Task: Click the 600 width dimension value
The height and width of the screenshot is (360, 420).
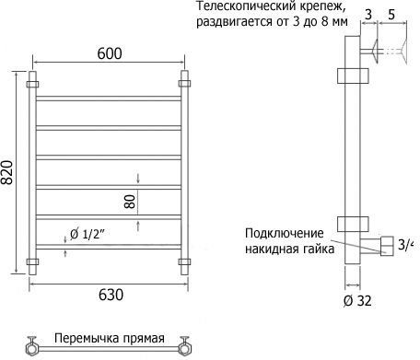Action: click(110, 53)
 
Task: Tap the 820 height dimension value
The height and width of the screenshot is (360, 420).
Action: click(6, 172)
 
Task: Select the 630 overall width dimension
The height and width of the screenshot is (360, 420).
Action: click(111, 295)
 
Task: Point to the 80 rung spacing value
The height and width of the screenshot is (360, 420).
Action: click(130, 202)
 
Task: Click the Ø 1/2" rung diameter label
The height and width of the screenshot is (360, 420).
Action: click(87, 235)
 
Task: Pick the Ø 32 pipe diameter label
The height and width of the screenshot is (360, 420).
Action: click(357, 301)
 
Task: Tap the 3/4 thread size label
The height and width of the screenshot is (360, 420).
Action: click(405, 245)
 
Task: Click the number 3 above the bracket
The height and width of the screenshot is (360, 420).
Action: click(368, 14)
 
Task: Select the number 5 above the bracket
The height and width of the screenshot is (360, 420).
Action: click(391, 15)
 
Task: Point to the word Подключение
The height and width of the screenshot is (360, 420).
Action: click(285, 234)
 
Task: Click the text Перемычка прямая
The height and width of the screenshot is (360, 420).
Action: click(110, 338)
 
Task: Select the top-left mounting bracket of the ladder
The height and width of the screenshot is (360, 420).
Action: click(32, 84)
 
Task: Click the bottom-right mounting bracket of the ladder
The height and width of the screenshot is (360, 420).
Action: click(184, 261)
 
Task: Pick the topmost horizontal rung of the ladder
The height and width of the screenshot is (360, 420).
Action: click(108, 99)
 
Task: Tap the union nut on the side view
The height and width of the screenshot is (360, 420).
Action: click(387, 246)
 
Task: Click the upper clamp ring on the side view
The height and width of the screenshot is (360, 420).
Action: click(353, 75)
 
